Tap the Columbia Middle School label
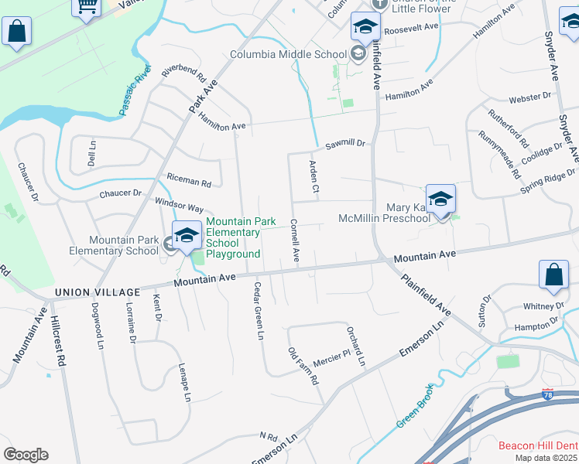coord(288,54)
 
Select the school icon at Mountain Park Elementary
coord(187,236)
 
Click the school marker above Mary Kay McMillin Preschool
coord(440,200)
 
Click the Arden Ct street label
coord(313,176)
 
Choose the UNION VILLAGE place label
coord(98,292)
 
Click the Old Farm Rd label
coord(303,367)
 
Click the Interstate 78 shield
coord(548,394)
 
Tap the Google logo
coord(26,455)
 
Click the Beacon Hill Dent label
coord(538,445)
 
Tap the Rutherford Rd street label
coord(509,128)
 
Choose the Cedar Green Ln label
coord(259,310)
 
